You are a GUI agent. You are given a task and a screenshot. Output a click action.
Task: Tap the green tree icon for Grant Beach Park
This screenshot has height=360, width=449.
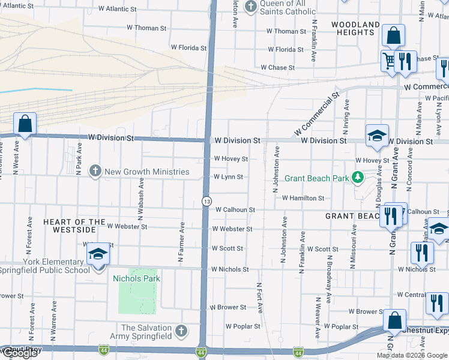358,177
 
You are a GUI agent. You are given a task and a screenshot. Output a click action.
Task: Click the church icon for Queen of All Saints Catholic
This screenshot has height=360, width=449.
251,7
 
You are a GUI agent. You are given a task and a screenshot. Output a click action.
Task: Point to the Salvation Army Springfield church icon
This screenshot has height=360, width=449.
181,331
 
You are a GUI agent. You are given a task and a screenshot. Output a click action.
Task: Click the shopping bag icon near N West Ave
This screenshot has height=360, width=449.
25,124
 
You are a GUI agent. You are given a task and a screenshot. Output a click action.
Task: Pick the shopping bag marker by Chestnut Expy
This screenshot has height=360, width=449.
394,320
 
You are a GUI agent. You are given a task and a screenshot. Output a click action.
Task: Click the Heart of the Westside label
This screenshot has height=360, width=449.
70,226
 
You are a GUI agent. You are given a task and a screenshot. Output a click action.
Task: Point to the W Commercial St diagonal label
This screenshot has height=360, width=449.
316,114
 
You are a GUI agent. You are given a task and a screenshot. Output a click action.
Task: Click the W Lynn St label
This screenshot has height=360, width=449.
228,177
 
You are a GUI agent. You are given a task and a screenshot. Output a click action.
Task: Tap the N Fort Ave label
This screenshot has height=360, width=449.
260,298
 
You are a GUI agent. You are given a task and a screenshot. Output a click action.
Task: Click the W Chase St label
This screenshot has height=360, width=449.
277,68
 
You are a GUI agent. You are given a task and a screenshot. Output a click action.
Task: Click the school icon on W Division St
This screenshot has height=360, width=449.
377,136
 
